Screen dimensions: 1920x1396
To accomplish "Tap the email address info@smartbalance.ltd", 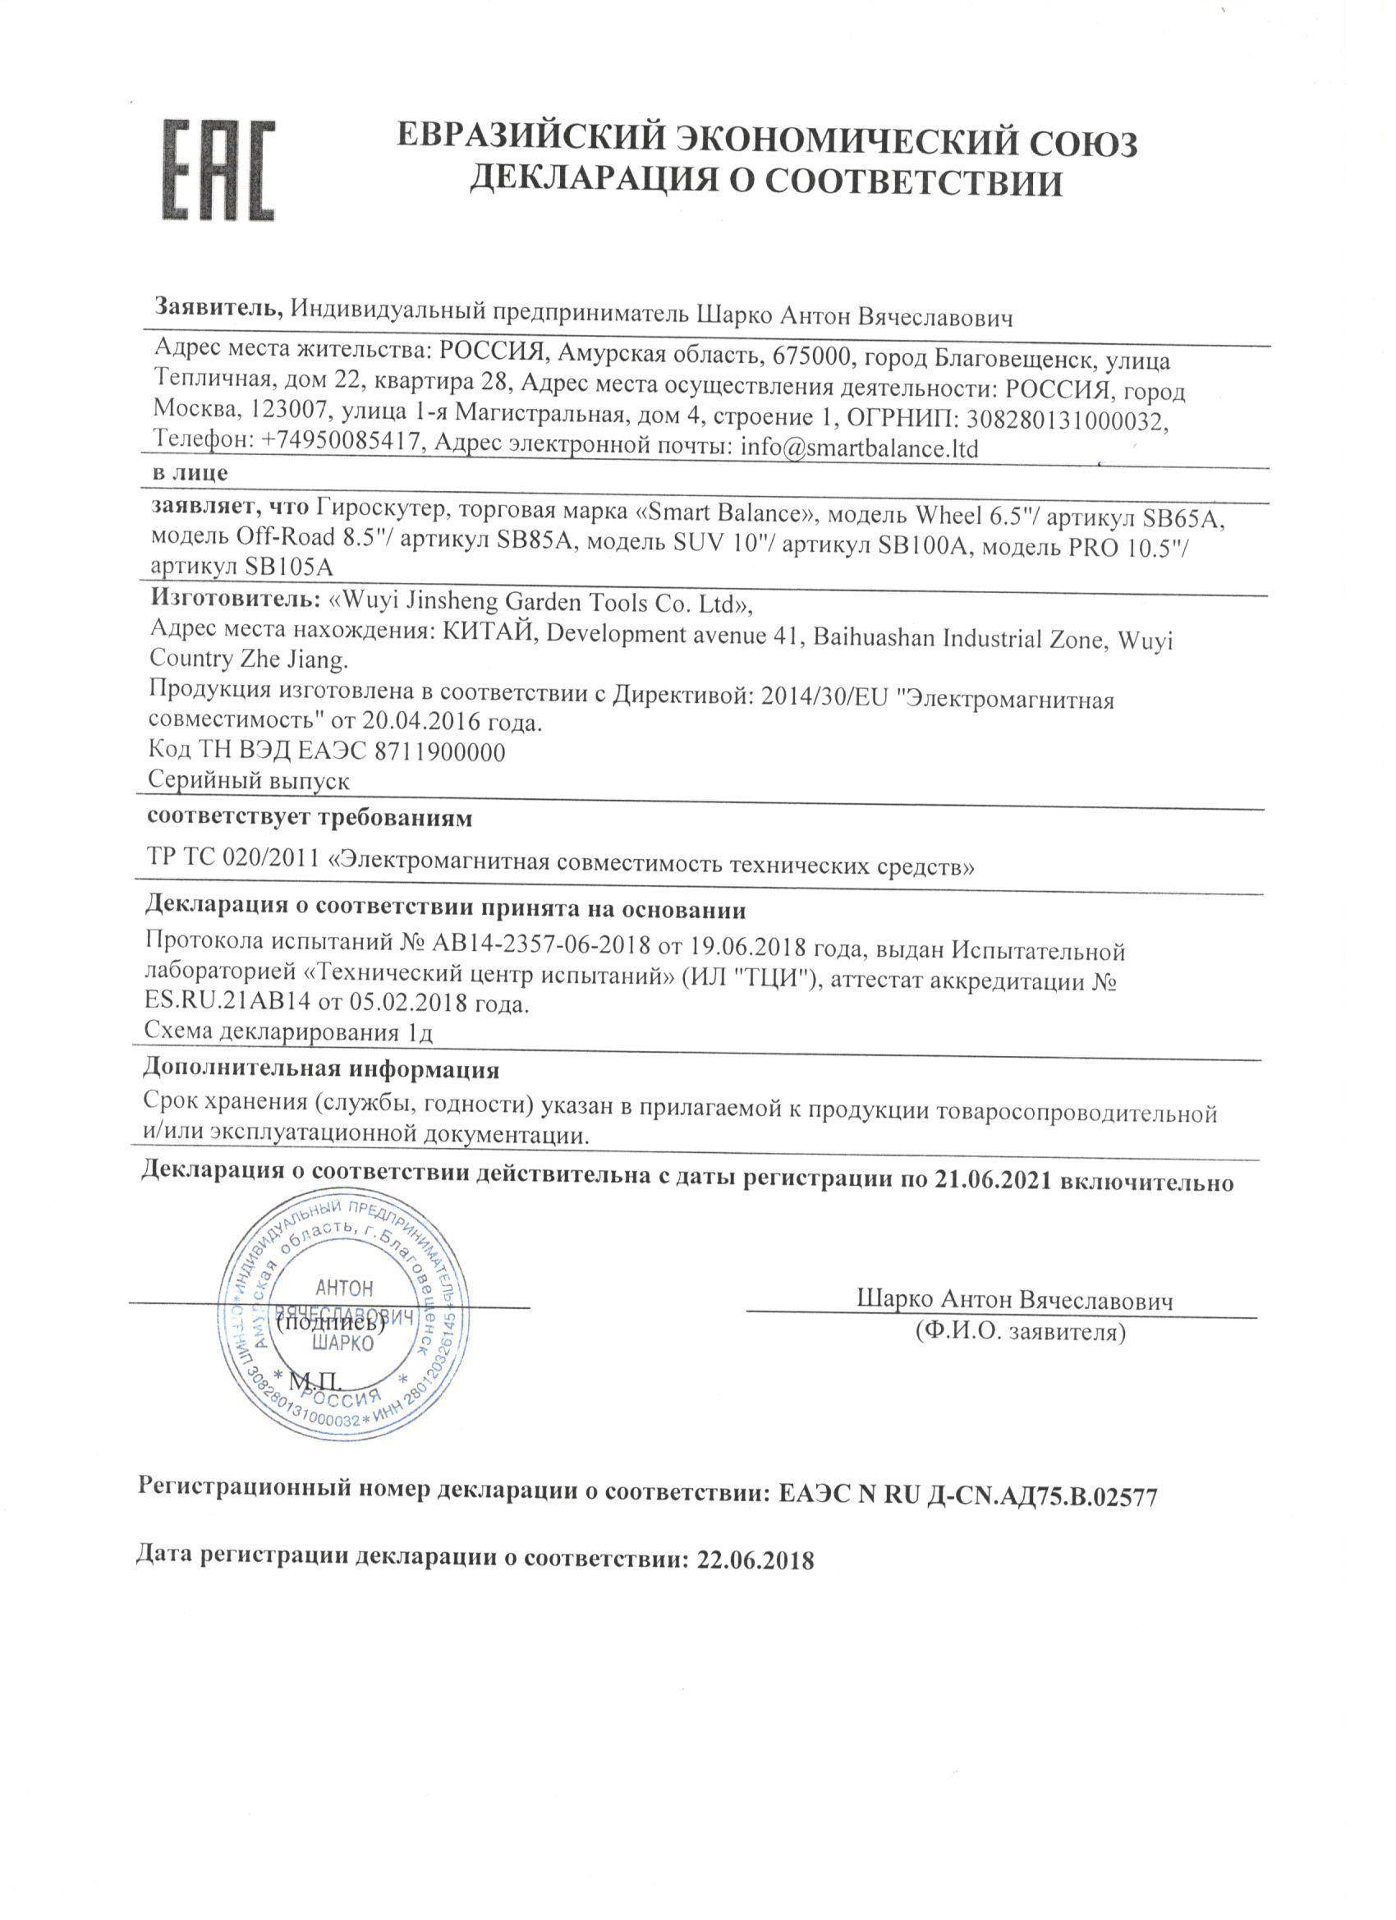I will pos(859,447).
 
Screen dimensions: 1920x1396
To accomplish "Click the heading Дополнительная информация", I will pos(322,1069).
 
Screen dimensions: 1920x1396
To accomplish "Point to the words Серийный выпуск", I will pos(249,779).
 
